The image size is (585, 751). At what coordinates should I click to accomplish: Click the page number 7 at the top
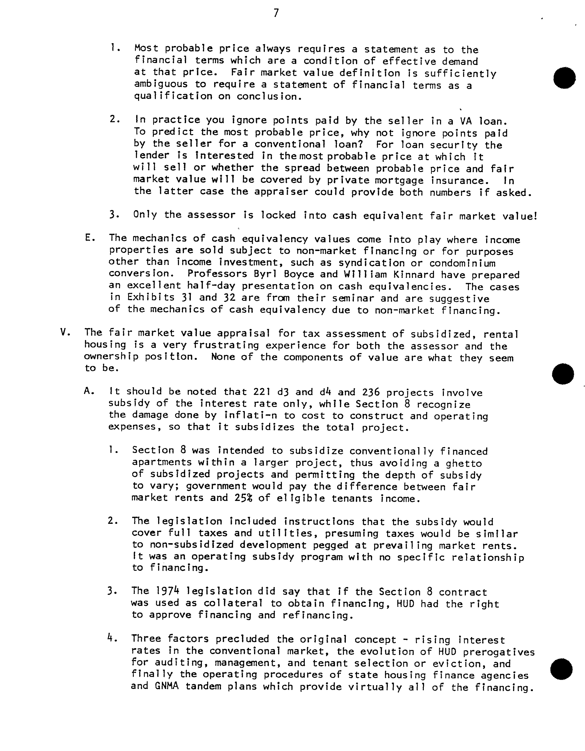[x=276, y=13]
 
